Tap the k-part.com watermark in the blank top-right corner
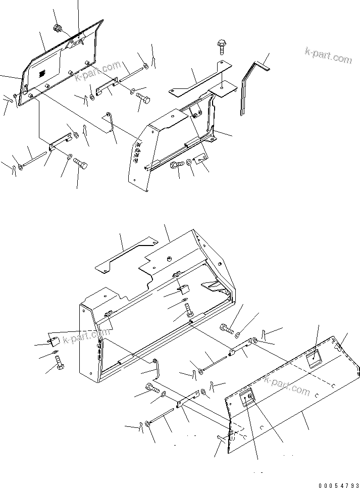(x=328, y=56)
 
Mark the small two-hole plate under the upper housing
(x=201, y=159)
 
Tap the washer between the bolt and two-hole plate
(x=188, y=163)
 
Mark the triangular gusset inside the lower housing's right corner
(x=215, y=286)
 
